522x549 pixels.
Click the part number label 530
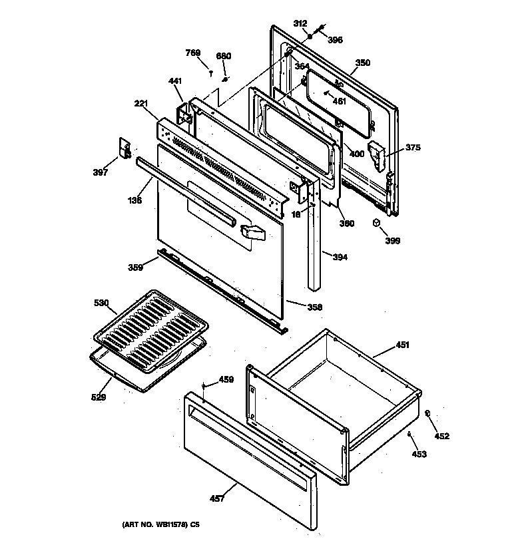pyautogui.click(x=101, y=303)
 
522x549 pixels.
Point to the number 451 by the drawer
pyautogui.click(x=403, y=345)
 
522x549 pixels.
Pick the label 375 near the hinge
pyautogui.click(x=413, y=148)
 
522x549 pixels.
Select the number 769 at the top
pyautogui.click(x=192, y=53)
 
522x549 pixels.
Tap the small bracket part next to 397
pyautogui.click(x=123, y=147)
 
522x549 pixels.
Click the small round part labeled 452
pyautogui.click(x=427, y=414)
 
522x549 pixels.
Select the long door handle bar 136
pyautogui.click(x=186, y=192)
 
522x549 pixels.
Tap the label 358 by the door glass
pyautogui.click(x=314, y=307)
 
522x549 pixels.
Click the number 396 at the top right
pyautogui.click(x=335, y=40)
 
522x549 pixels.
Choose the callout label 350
pyautogui.click(x=362, y=63)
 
